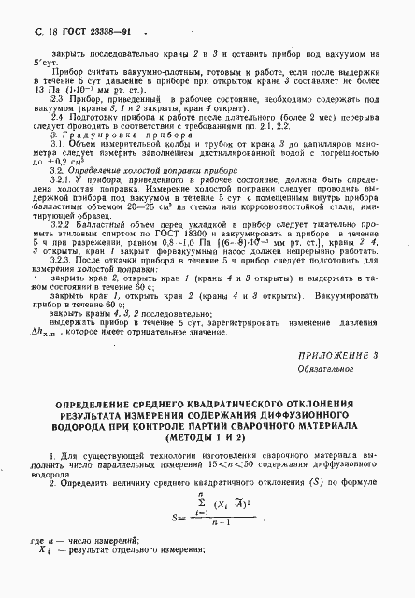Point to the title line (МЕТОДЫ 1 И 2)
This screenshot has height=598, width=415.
(207, 436)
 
